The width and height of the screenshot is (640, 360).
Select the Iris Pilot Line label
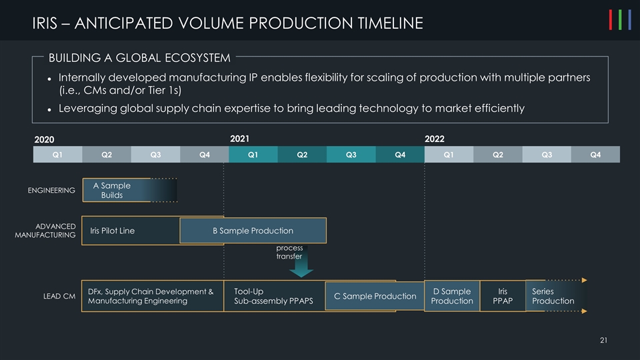pyautogui.click(x=112, y=231)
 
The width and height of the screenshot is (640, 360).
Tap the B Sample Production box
pyautogui.click(x=253, y=231)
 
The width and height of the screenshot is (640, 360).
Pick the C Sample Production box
pyautogui.click(x=375, y=296)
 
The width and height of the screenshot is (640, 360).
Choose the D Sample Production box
pyautogui.click(x=451, y=296)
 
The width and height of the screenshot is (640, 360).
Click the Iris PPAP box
pyautogui.click(x=503, y=296)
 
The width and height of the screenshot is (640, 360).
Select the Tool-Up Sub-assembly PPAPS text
pyautogui.click(x=273, y=296)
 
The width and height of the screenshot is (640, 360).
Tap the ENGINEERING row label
pyautogui.click(x=51, y=191)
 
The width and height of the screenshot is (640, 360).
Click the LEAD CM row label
pyautogui.click(x=59, y=296)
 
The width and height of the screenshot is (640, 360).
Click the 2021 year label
pyautogui.click(x=239, y=139)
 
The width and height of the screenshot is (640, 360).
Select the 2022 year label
pyautogui.click(x=434, y=139)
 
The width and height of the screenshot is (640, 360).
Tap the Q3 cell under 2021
pyautogui.click(x=351, y=155)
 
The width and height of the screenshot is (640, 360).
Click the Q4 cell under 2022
pyautogui.click(x=595, y=155)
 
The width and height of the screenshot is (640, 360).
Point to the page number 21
pyautogui.click(x=603, y=342)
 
